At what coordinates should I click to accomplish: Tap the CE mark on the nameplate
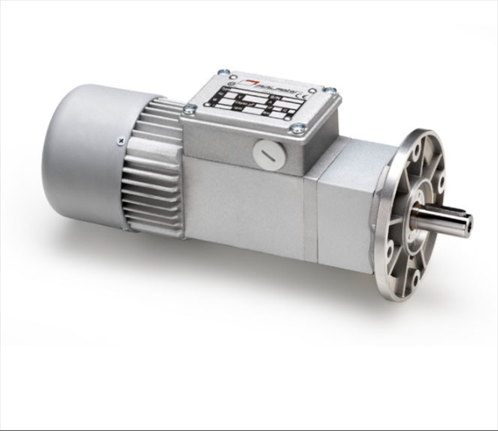[304, 96]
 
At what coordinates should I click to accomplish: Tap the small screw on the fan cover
[120, 140]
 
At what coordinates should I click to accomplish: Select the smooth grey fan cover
[80, 155]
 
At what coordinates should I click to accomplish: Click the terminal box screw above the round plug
[297, 128]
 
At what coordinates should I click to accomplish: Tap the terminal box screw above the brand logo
[223, 73]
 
